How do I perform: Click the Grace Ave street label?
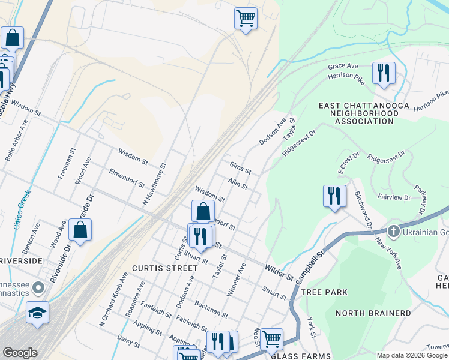[343, 65]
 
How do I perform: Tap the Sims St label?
[240, 167]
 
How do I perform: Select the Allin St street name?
[238, 183]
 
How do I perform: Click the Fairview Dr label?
[394, 197]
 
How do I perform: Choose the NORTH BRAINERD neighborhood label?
[373, 313]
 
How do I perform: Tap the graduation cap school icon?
[37, 313]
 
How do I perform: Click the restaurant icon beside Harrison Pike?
[384, 73]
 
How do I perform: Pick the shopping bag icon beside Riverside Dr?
[80, 230]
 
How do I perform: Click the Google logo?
[20, 353]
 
